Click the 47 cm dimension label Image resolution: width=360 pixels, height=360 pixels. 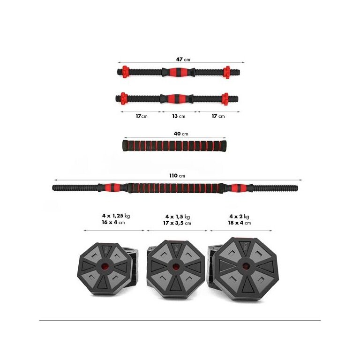[x=183, y=60]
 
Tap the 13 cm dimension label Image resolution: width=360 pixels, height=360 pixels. [x=179, y=116]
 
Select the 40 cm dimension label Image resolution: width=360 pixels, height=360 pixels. [x=181, y=134]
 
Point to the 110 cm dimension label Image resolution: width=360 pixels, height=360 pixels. [x=177, y=176]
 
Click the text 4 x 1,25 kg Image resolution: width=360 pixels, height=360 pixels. [x=116, y=216]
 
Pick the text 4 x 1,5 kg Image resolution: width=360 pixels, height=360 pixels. [x=178, y=217]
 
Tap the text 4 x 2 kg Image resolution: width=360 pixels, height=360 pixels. [x=239, y=216]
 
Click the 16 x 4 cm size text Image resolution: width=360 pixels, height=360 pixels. [x=113, y=222]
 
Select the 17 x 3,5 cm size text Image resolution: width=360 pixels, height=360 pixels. [x=177, y=223]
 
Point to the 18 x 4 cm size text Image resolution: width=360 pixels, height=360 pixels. [x=239, y=223]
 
